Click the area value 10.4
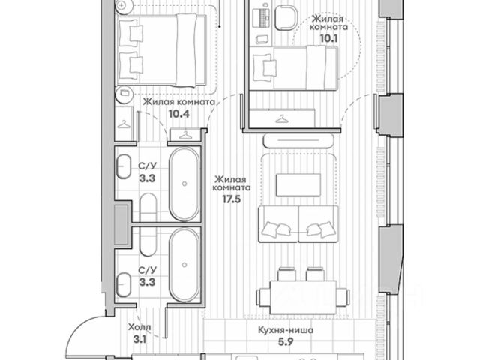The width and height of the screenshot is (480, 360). click(x=179, y=114)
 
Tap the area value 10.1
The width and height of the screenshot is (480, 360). click(x=328, y=39)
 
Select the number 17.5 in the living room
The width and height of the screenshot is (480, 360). click(x=232, y=199)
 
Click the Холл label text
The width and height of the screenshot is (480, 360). click(x=139, y=327)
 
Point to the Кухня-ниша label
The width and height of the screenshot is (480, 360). click(x=286, y=330)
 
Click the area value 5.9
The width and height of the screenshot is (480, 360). click(x=286, y=342)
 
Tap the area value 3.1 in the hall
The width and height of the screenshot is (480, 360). click(x=139, y=339)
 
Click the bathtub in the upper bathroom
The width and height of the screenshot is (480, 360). click(x=184, y=184)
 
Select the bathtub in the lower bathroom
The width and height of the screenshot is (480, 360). click(x=184, y=265)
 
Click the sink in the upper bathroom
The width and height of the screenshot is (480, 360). click(x=124, y=166)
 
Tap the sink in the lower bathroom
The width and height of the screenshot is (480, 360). click(x=124, y=285)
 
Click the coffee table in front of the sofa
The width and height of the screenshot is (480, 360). click(x=298, y=185)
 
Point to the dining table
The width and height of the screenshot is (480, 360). click(x=303, y=297)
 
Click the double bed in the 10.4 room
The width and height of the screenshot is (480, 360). click(x=162, y=50)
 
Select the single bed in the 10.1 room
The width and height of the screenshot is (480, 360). click(x=295, y=68)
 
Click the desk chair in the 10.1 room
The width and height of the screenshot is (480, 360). click(x=286, y=18)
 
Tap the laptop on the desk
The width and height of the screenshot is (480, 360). click(x=261, y=19)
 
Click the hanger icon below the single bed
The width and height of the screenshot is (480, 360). click(x=282, y=118)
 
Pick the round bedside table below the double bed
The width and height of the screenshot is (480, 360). click(x=124, y=94)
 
